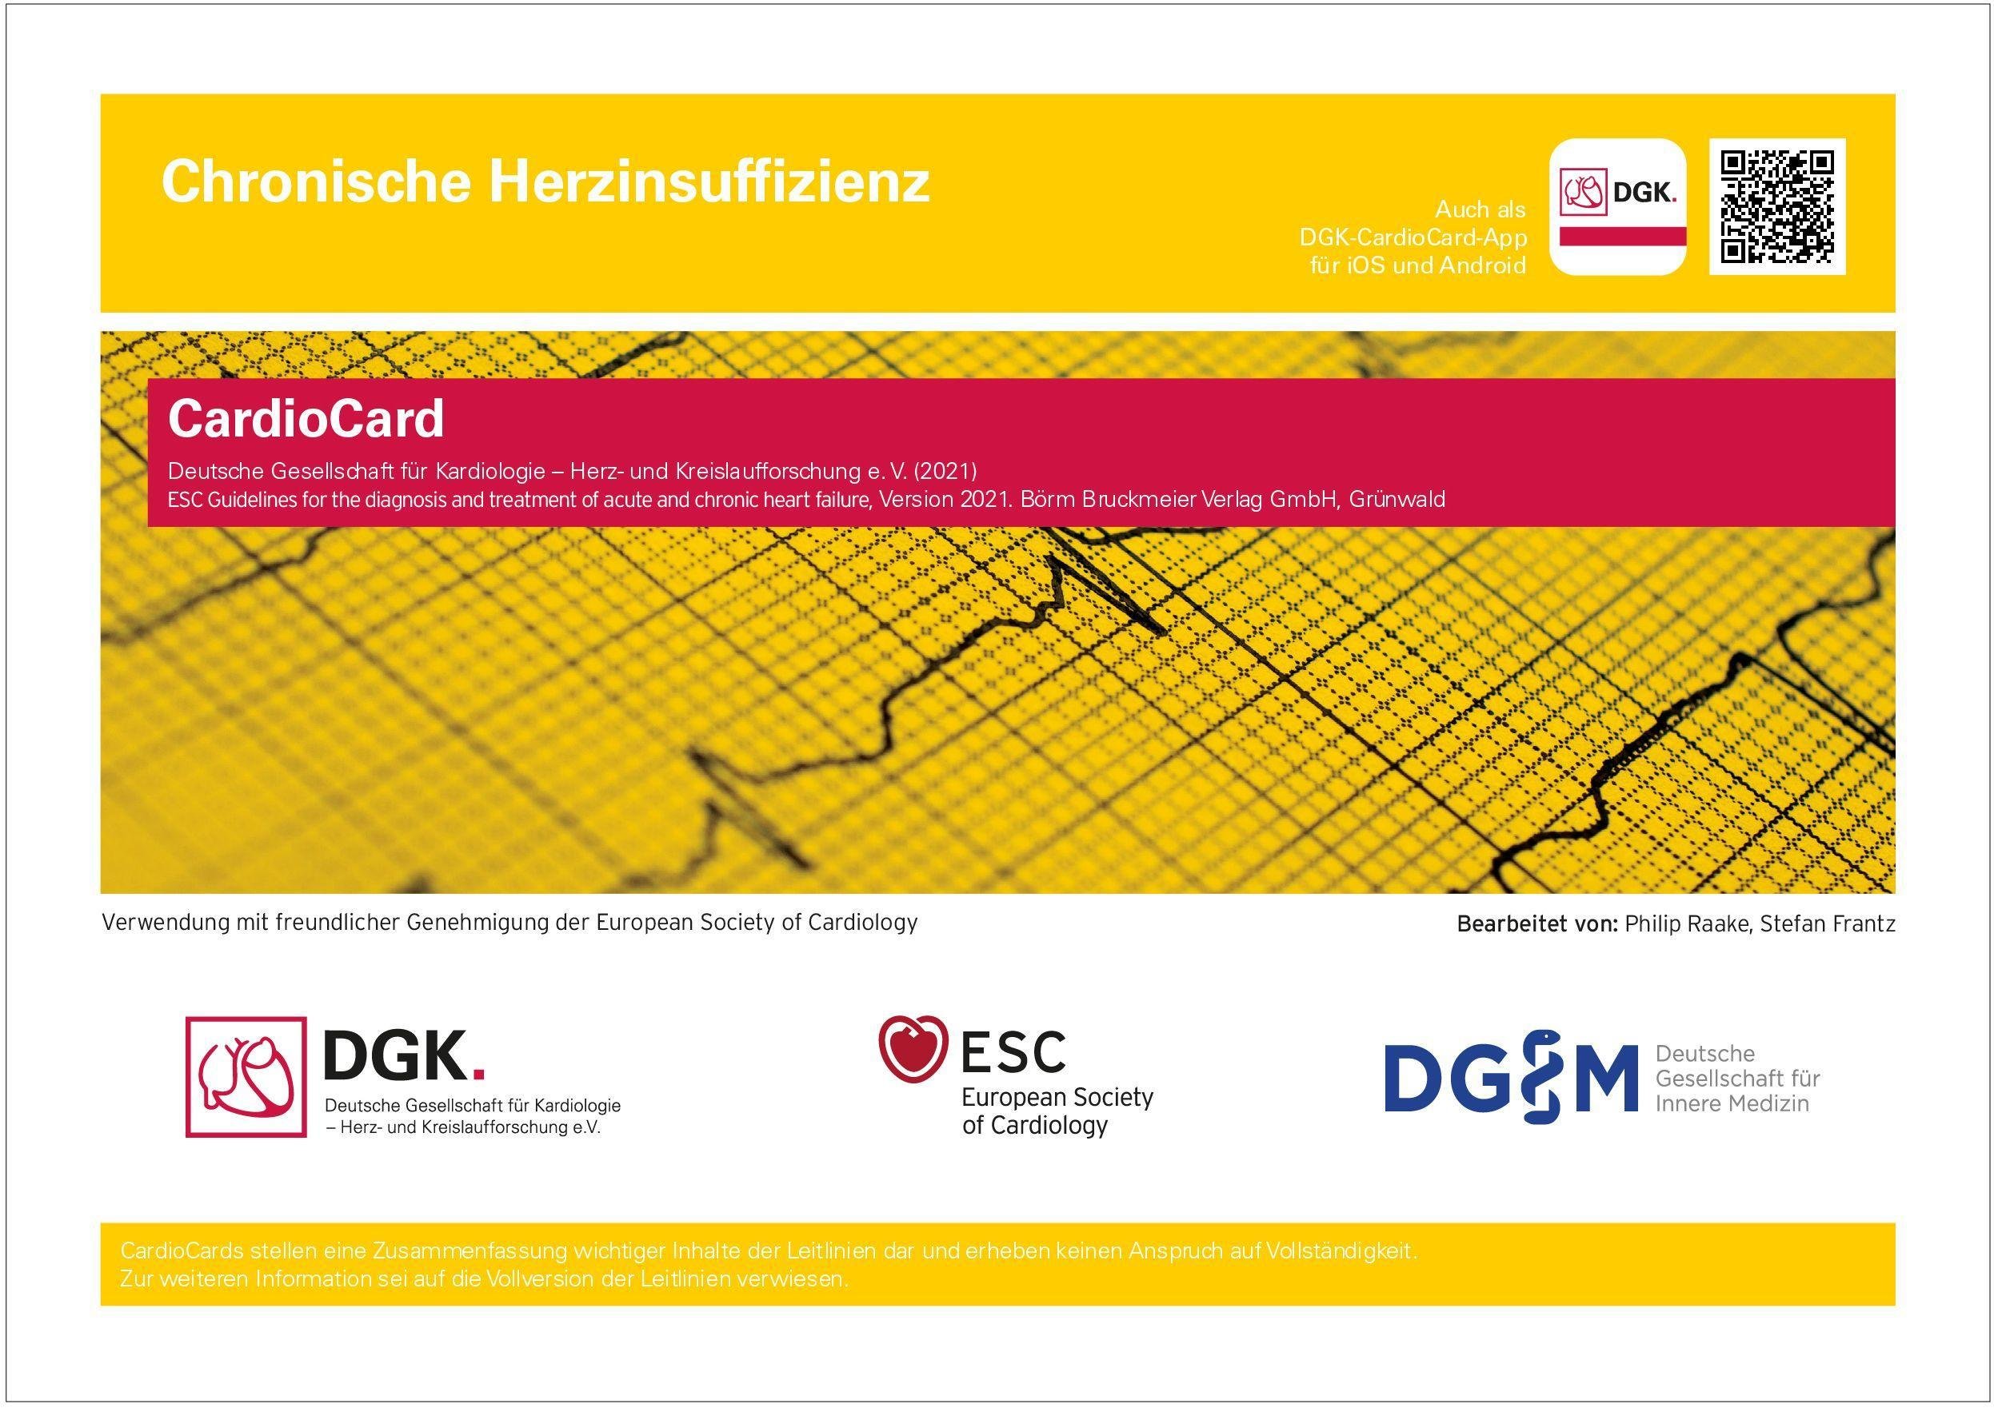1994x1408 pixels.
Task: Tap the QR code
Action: click(1778, 206)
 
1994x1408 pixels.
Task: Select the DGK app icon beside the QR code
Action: click(1618, 206)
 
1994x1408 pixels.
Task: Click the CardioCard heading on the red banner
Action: click(306, 418)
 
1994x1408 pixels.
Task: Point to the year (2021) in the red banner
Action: click(945, 472)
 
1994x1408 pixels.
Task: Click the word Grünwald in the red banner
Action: click(1397, 499)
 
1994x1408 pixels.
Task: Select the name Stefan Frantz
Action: click(1828, 924)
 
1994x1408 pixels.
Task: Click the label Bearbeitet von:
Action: click(1537, 924)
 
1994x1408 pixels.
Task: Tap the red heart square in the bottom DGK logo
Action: click(246, 1077)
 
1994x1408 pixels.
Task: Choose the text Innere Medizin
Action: click(1732, 1103)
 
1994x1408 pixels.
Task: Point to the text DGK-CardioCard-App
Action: click(1413, 237)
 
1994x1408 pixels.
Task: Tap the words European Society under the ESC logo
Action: click(1057, 1097)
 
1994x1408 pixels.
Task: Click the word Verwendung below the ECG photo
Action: click(164, 923)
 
